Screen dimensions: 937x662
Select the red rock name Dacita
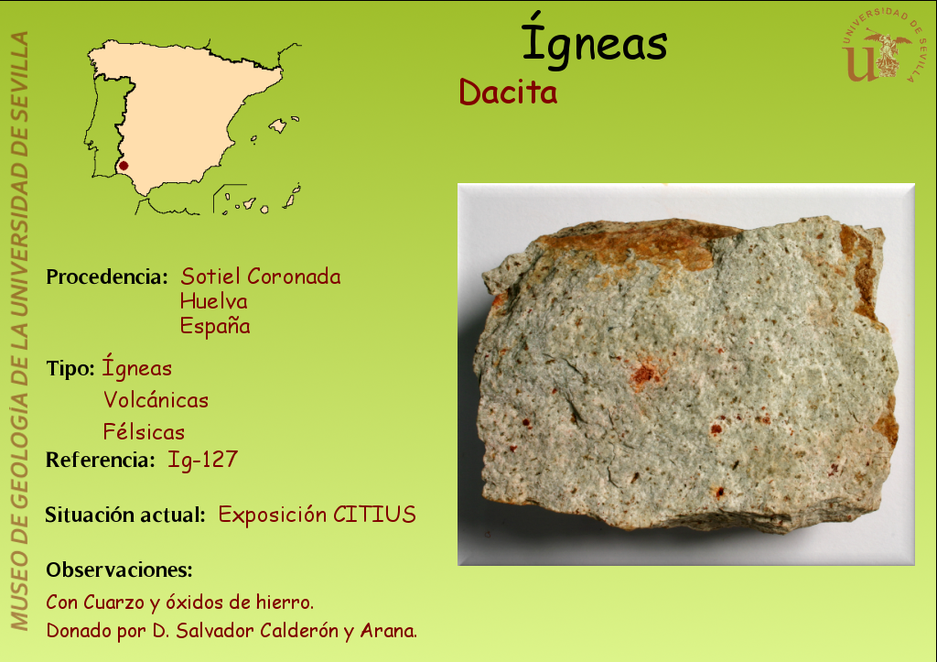pos(508,92)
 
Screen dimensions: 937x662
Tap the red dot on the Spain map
pos(124,166)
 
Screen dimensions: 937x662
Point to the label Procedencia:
pos(107,277)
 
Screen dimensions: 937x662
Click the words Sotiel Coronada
pos(261,277)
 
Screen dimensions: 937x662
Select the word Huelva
pos(213,301)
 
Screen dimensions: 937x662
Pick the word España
pos(215,326)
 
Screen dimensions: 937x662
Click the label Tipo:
pos(70,368)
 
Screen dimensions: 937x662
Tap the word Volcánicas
pos(156,399)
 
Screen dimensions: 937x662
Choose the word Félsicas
pos(144,432)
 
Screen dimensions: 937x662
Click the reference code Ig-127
pos(202,460)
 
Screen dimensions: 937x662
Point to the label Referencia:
pos(101,460)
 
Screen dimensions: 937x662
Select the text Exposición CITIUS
pos(318,515)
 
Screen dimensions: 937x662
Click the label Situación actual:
pos(125,515)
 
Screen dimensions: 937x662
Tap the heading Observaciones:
pos(120,570)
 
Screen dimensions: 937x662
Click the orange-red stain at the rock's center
pos(644,374)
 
